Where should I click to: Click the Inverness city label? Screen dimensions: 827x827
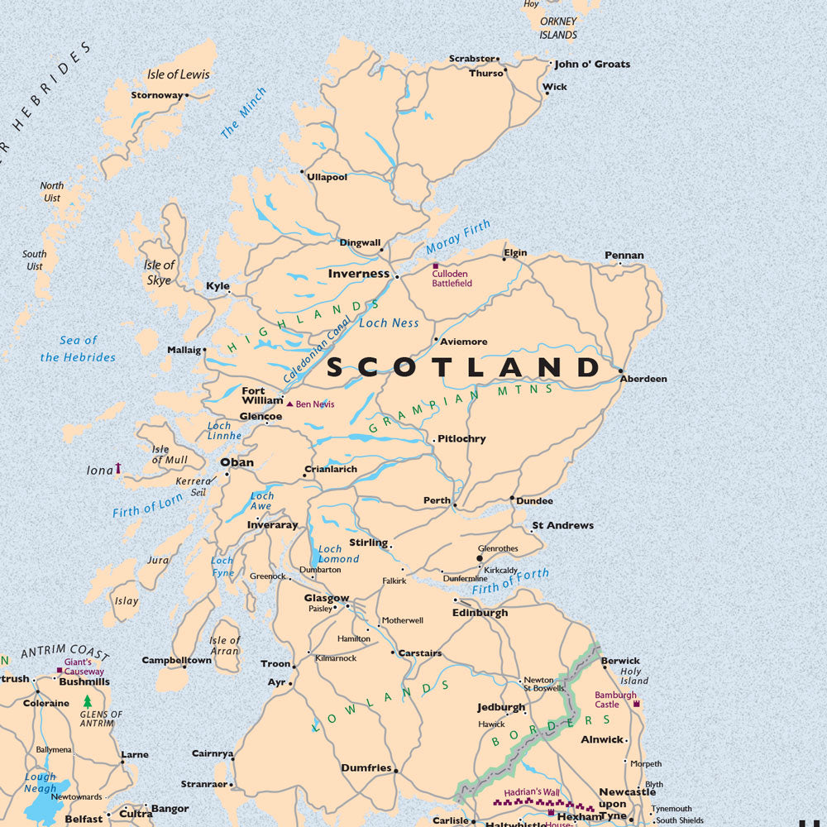click(358, 274)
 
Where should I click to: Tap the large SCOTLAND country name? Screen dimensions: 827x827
click(463, 367)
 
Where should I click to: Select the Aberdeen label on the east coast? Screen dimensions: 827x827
click(643, 379)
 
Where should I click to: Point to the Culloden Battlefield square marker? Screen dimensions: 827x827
click(436, 265)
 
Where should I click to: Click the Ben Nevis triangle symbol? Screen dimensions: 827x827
click(289, 404)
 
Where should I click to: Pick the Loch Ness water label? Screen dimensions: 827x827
click(389, 323)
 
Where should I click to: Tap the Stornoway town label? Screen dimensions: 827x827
click(156, 95)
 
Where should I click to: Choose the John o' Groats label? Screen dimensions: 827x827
click(592, 64)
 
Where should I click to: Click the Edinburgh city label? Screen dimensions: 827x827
click(480, 613)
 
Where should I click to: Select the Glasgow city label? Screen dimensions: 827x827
click(326, 598)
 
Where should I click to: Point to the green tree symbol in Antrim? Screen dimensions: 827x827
click(88, 701)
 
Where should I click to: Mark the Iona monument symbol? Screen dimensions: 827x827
click(117, 468)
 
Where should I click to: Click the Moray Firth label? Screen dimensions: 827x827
click(458, 237)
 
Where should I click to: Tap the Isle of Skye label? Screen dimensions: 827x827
click(159, 272)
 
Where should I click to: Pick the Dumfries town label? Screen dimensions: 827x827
click(366, 768)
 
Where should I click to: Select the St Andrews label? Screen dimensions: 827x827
click(562, 525)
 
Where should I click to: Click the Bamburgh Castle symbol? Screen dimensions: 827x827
click(636, 704)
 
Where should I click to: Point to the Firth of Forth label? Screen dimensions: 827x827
click(510, 581)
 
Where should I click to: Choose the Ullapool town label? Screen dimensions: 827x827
click(327, 177)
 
